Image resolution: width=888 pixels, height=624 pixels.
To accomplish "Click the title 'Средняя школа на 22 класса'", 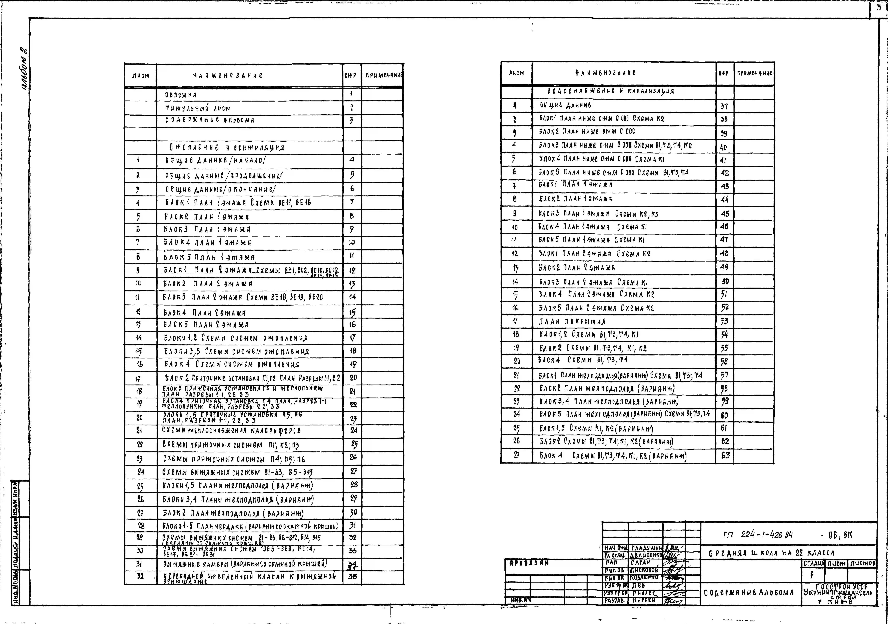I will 772,553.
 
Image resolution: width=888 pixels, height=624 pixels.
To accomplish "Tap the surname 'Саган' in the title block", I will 640,563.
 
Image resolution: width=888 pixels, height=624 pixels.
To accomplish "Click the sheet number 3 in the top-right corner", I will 879,8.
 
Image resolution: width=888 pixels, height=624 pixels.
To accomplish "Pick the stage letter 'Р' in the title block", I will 812,575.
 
